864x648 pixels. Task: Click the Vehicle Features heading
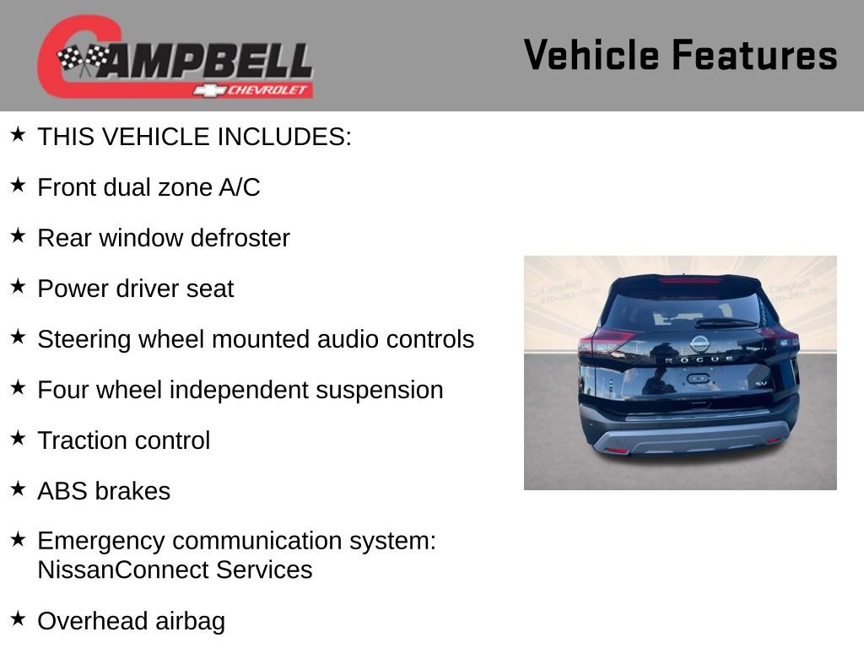pos(680,56)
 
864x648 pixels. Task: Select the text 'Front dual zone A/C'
pos(148,187)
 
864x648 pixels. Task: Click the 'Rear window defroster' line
pos(164,238)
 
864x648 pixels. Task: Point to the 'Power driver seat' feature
pos(135,289)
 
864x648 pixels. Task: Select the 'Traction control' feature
pos(123,440)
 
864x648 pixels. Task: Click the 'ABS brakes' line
pos(104,491)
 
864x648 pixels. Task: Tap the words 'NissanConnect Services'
pos(175,570)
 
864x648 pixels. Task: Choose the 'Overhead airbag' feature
pos(131,621)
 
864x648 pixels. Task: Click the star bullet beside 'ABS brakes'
pos(18,488)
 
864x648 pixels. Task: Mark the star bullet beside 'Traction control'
pos(18,437)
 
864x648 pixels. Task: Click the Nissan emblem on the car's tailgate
pos(699,343)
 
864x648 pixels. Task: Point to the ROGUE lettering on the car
pos(699,359)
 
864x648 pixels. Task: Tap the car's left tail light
pos(605,343)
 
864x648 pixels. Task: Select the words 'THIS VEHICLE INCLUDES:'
pos(194,137)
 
